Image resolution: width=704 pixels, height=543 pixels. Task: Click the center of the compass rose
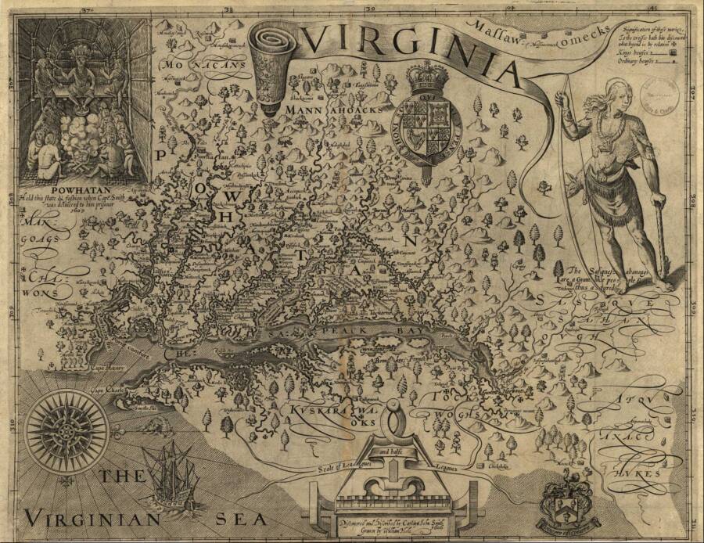click(x=65, y=428)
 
